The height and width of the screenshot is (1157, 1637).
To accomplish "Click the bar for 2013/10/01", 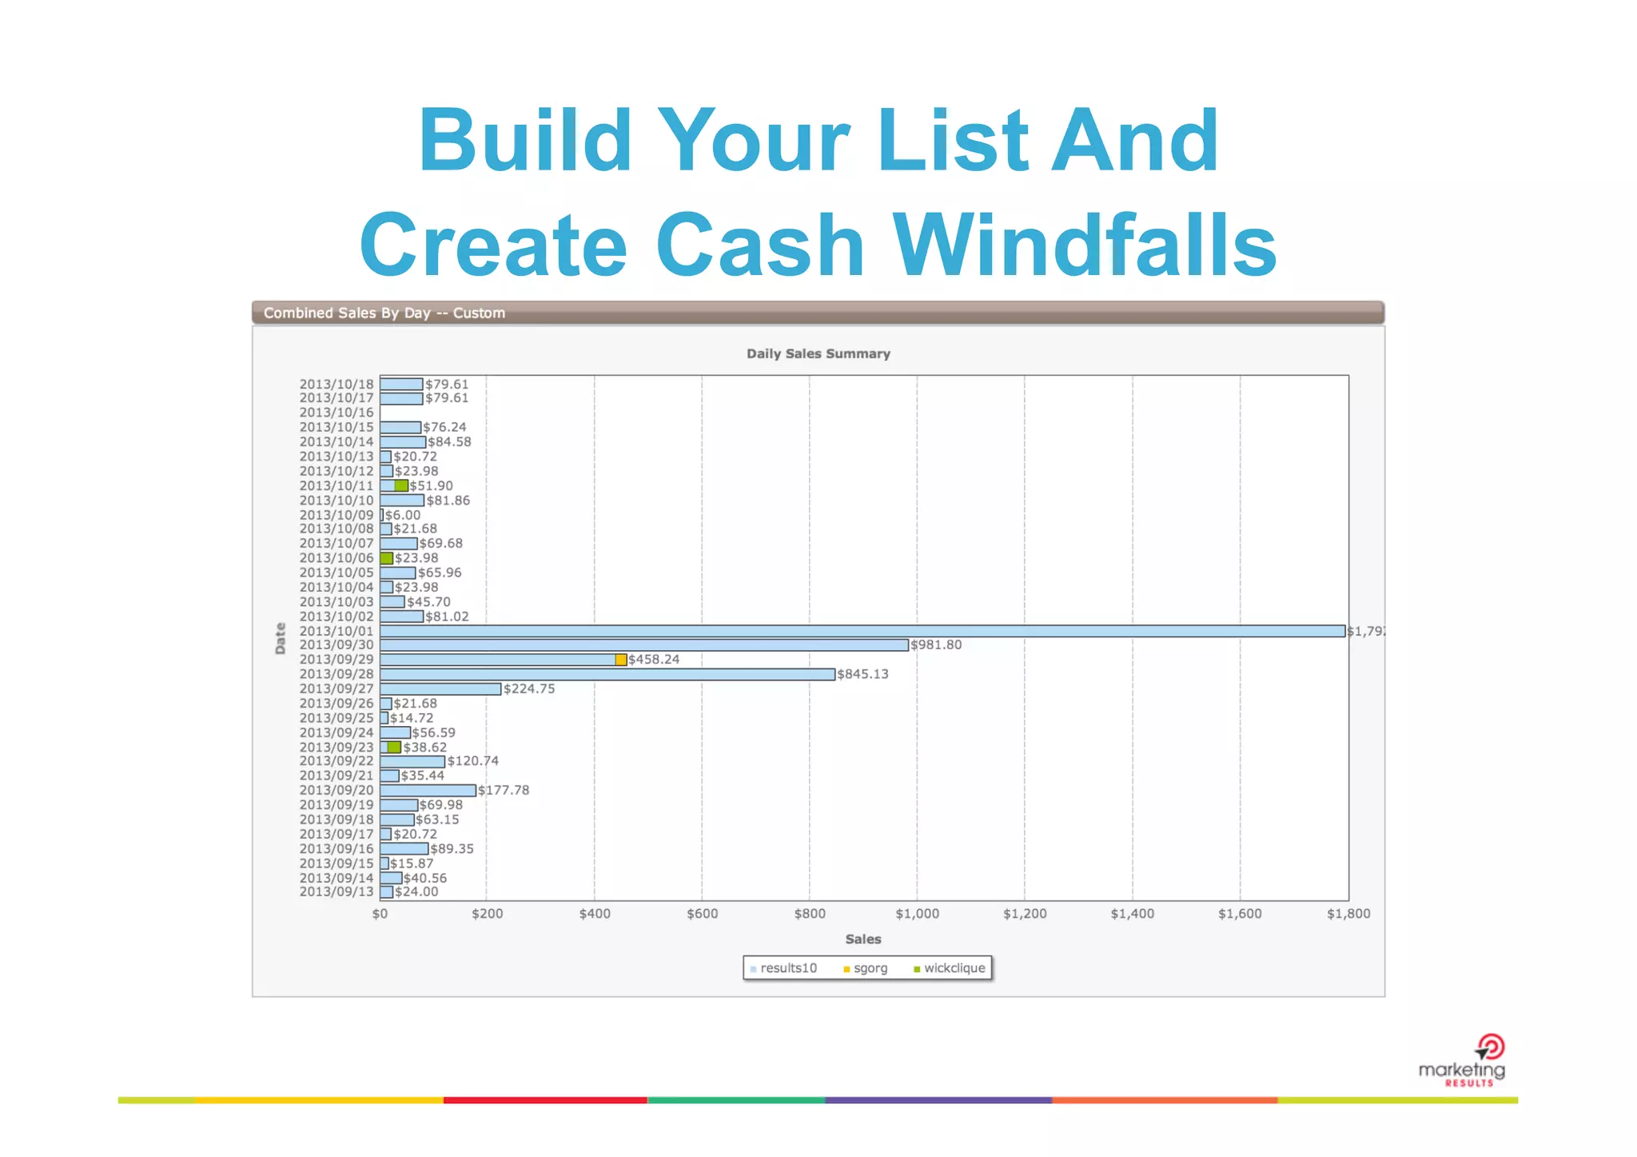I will [x=862, y=631].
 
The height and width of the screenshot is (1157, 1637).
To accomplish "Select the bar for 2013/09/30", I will [x=643, y=645].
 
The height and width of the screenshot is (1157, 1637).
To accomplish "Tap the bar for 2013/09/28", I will [x=607, y=674].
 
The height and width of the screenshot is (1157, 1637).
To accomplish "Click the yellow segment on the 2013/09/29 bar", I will [x=621, y=660].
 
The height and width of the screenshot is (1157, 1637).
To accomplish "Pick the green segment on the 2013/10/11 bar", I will [x=401, y=485].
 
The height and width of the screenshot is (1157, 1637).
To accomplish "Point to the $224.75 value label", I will [x=528, y=688].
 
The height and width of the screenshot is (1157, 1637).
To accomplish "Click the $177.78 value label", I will [x=504, y=790].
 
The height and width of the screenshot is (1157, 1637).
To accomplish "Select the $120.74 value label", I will [x=472, y=761].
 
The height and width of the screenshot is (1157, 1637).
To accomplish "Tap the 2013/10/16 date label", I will [x=337, y=413].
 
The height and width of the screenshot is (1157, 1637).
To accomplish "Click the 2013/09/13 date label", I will [x=337, y=892].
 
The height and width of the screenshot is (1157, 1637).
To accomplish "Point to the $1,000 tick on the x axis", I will [x=917, y=914].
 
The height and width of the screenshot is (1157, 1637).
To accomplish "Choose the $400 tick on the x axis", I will [x=594, y=914].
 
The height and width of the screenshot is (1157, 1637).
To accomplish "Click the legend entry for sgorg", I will [x=866, y=968].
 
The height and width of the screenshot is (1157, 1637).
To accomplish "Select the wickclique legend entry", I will [x=950, y=968].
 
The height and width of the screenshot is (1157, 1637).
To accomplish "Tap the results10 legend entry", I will [x=784, y=968].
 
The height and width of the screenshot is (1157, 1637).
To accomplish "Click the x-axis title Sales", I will [x=863, y=940].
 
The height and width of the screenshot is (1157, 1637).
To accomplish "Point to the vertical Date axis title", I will [x=280, y=638].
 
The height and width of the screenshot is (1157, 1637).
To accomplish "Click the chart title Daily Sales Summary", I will [x=818, y=353].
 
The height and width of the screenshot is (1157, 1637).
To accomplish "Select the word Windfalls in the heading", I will [x=1084, y=245].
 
